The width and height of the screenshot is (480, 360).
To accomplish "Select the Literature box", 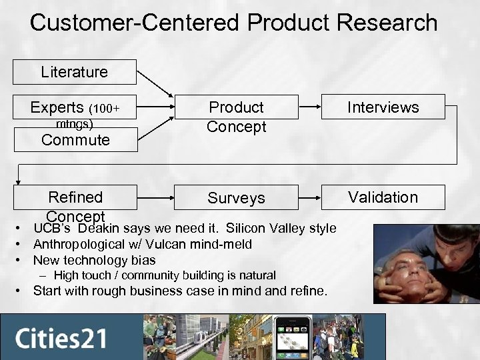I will pyautogui.click(x=74, y=72).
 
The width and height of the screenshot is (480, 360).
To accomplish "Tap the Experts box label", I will pyautogui.click(x=57, y=107).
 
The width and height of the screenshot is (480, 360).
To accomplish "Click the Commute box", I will pyautogui.click(x=75, y=140).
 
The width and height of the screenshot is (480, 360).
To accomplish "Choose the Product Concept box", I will pyautogui.click(x=236, y=117).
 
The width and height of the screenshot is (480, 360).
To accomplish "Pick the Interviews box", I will pyautogui.click(x=383, y=107).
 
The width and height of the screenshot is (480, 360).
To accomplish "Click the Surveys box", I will pyautogui.click(x=236, y=198).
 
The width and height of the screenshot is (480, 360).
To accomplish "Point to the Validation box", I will pyautogui.click(x=383, y=197).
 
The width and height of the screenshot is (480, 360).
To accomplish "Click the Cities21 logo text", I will pyautogui.click(x=61, y=337).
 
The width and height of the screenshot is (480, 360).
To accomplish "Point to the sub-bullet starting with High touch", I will pyautogui.click(x=165, y=275).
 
